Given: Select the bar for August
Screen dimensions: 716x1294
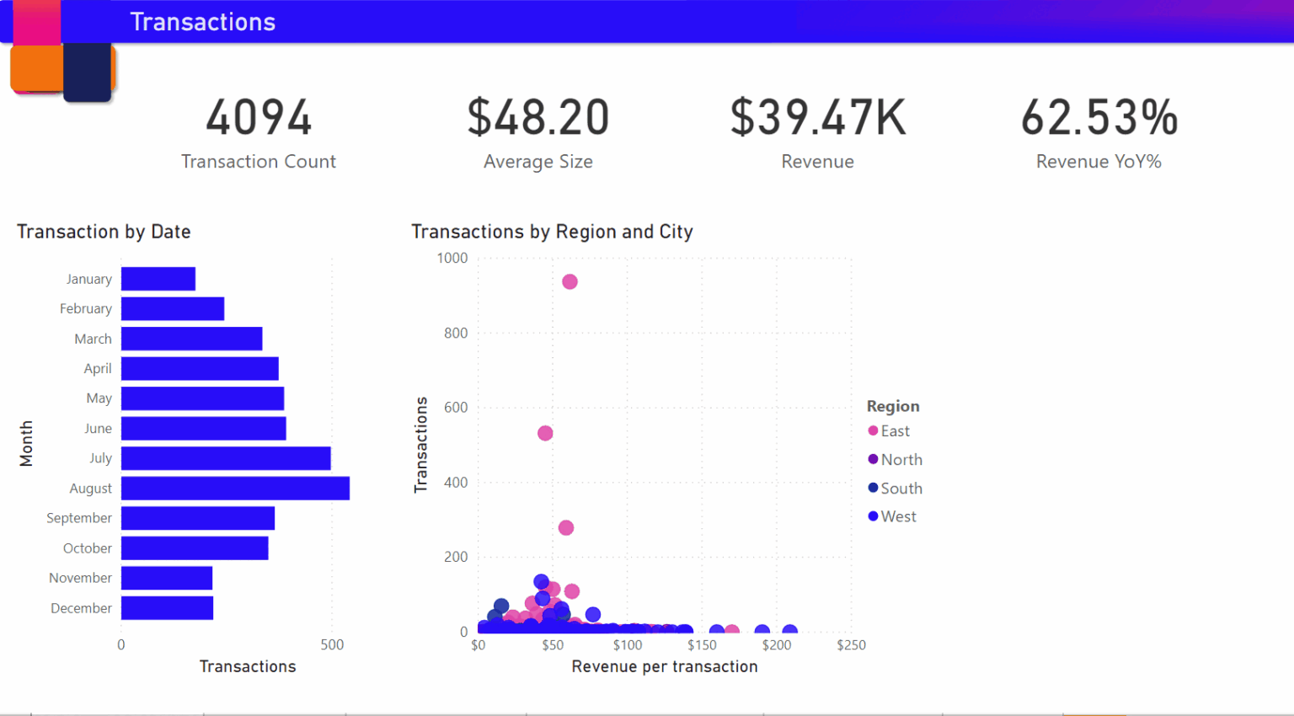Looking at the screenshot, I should [x=235, y=489].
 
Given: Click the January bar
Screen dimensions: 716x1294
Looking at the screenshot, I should [x=158, y=279].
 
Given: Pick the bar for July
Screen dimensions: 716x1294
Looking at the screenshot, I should [x=226, y=458].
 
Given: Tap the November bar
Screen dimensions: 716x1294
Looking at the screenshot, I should [x=167, y=578].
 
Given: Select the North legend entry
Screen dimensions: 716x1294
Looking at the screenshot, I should [x=901, y=460].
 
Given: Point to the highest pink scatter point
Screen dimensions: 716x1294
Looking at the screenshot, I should [x=569, y=281].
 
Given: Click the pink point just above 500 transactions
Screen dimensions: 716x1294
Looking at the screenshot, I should [x=545, y=433].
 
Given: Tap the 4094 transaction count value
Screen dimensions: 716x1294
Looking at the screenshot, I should [x=259, y=118].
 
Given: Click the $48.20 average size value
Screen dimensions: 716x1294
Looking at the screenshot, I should [x=538, y=118].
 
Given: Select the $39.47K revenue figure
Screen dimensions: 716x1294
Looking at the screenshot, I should [x=818, y=118].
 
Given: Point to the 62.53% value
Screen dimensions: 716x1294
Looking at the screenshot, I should [x=1099, y=118].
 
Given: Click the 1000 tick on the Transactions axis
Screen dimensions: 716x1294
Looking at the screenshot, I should [x=452, y=259].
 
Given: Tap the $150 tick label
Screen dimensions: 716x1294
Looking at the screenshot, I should [x=702, y=645].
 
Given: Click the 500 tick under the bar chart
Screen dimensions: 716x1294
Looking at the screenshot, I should [x=332, y=645].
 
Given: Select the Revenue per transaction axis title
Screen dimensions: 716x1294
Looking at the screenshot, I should [x=665, y=667].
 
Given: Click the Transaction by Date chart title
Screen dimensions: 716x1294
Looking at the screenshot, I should [x=104, y=232].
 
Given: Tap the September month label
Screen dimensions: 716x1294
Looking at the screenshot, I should [x=79, y=518].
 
